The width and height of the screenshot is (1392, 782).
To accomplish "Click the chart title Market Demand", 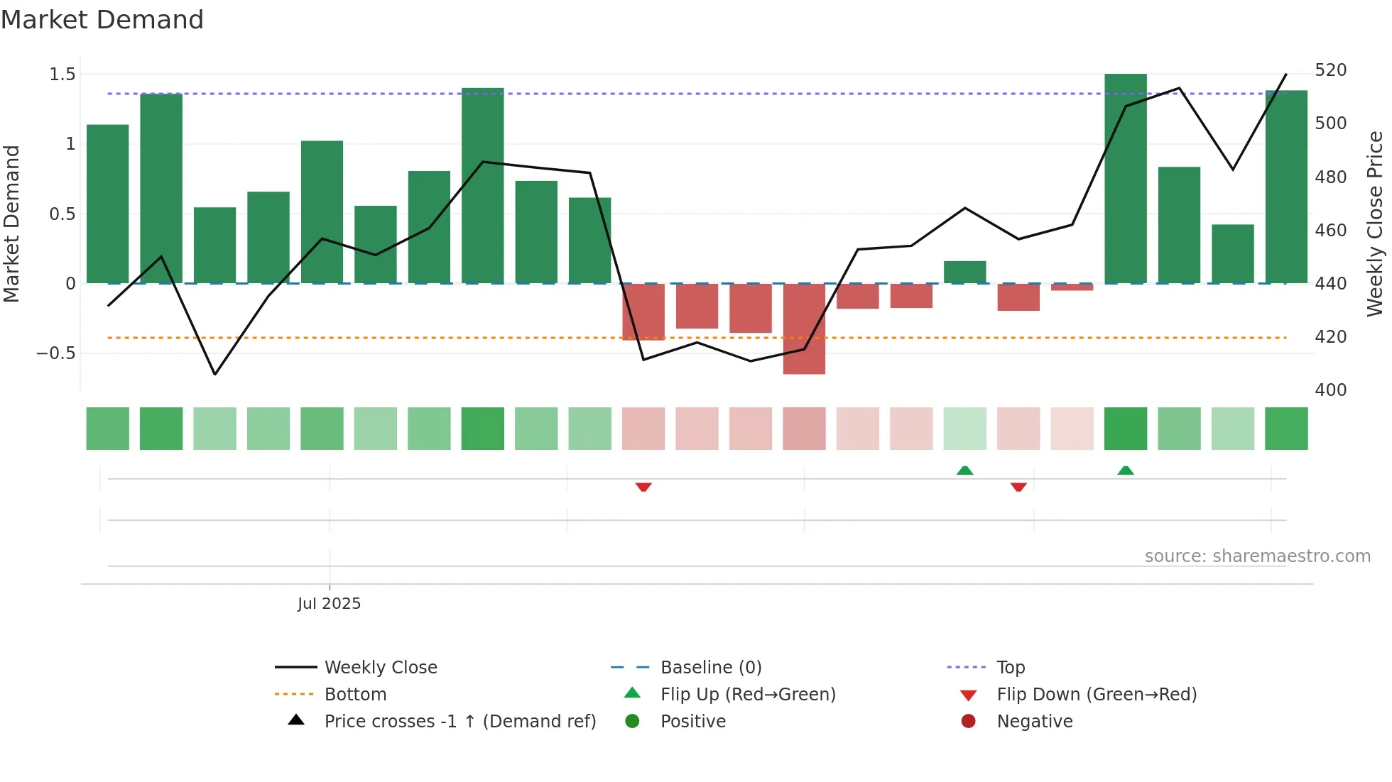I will [x=102, y=20].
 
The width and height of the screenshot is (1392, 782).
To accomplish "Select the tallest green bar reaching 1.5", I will [x=1125, y=177].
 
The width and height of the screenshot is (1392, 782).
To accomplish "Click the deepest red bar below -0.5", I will [x=804, y=329].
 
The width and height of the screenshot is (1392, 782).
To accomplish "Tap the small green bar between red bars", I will [x=964, y=272].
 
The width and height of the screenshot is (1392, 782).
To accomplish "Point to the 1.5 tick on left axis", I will [x=62, y=75].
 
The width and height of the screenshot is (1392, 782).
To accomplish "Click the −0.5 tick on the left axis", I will [x=56, y=353].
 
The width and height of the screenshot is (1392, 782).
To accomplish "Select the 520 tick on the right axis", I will [x=1330, y=70].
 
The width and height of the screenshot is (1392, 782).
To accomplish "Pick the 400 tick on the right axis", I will [x=1330, y=390].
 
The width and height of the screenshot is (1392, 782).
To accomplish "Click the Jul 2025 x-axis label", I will [x=329, y=604].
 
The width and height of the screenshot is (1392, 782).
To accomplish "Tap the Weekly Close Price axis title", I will [x=1375, y=224].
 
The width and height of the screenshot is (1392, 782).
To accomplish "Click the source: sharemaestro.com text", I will [x=1257, y=556].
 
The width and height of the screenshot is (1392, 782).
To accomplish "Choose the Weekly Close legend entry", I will [x=381, y=668].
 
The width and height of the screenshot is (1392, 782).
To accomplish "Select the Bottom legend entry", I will [x=355, y=695].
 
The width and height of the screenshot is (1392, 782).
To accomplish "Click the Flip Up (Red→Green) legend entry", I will [x=747, y=695].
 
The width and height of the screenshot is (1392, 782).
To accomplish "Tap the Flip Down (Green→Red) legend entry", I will [x=1096, y=695].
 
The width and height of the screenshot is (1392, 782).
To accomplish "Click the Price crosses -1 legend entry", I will [x=460, y=722].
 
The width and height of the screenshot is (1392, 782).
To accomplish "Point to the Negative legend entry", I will [x=1034, y=722].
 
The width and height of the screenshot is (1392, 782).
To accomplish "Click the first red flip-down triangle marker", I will [x=643, y=487].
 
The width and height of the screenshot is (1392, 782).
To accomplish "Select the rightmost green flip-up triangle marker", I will [x=1125, y=470].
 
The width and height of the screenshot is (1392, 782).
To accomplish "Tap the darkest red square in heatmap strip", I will [x=804, y=429].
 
